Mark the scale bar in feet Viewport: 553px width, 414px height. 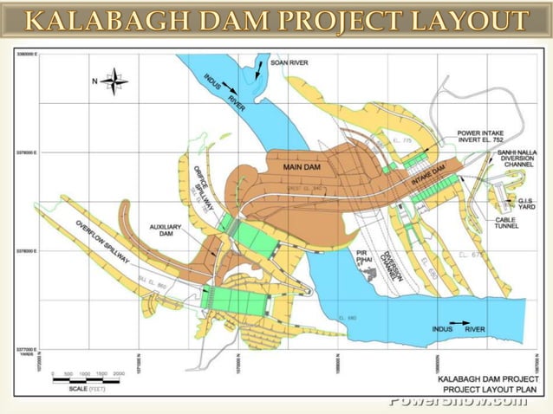point(90,374)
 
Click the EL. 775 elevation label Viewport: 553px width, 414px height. point(400,140)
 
